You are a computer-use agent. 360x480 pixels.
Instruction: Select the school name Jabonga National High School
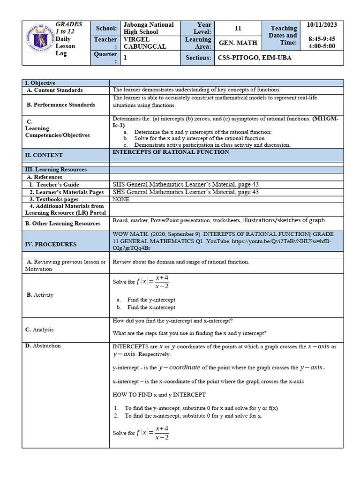(148, 28)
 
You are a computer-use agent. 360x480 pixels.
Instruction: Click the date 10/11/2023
(321, 24)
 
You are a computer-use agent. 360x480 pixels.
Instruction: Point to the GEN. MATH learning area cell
(238, 43)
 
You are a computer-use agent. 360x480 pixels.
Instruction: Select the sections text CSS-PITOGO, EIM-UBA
(257, 58)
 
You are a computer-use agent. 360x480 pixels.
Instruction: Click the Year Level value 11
(238, 28)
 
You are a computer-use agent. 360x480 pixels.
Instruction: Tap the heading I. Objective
(40, 83)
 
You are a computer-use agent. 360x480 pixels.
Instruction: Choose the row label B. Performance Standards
(61, 105)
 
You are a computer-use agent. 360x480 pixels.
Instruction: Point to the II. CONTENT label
(44, 155)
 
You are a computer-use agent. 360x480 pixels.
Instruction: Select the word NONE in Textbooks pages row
(121, 199)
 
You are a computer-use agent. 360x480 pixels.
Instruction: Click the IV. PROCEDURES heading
(51, 244)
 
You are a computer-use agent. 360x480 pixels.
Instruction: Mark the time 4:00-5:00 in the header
(322, 46)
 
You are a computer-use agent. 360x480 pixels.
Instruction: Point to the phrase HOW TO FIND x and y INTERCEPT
(159, 395)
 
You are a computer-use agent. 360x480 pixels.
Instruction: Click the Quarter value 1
(125, 58)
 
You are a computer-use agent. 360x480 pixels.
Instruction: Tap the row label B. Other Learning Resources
(64, 224)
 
